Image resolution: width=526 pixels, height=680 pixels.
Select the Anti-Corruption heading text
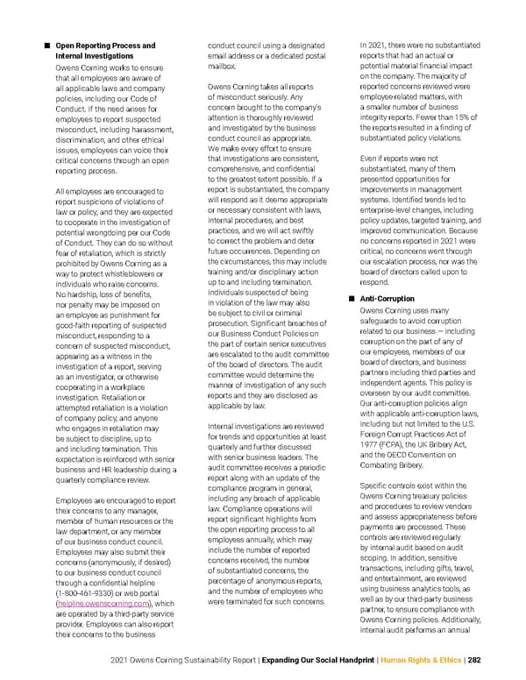click(388, 299)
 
